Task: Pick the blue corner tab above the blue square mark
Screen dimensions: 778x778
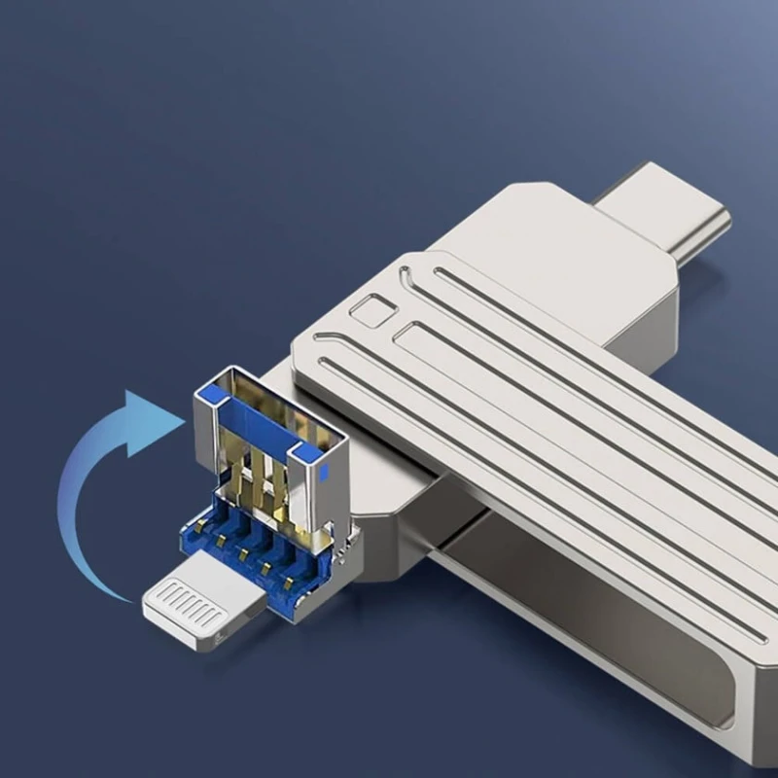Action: [305, 453]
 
